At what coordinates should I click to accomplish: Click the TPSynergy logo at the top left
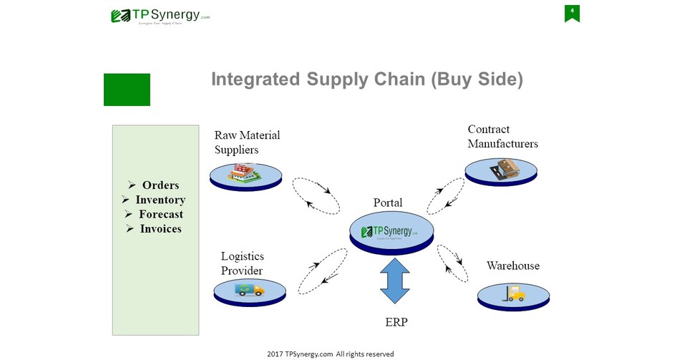(x=160, y=16)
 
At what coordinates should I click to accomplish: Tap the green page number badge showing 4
(x=572, y=12)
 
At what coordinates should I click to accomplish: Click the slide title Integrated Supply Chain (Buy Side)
(x=366, y=79)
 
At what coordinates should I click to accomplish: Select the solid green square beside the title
(x=127, y=89)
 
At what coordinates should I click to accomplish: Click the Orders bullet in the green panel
(x=155, y=185)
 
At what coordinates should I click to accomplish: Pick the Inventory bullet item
(x=155, y=200)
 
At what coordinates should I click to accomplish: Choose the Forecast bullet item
(x=155, y=214)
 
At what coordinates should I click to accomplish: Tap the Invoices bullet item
(x=155, y=229)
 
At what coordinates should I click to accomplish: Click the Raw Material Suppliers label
(x=247, y=142)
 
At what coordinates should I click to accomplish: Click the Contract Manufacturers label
(x=502, y=137)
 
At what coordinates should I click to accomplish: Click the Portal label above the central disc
(x=388, y=203)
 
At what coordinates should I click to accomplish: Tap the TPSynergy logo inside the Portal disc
(x=391, y=231)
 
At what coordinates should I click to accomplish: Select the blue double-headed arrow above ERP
(x=394, y=281)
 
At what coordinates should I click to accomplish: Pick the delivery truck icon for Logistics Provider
(x=249, y=289)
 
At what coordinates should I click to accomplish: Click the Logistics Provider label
(x=242, y=263)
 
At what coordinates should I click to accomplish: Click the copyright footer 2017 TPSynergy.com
(x=330, y=354)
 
